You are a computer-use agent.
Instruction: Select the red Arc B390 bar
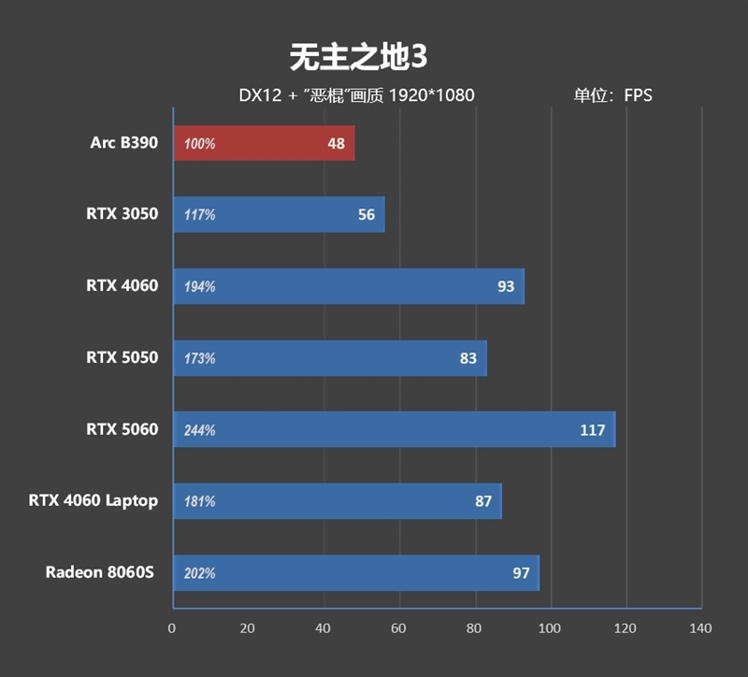tap(264, 143)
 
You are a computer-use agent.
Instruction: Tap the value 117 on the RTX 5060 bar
tap(592, 430)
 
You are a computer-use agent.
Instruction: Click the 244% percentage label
tap(200, 430)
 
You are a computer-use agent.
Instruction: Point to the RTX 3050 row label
tap(122, 214)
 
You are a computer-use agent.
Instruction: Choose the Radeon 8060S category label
tap(101, 572)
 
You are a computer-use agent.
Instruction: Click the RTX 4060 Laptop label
tap(93, 501)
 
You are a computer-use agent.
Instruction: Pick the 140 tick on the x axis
tap(700, 627)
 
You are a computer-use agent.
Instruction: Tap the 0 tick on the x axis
tap(172, 627)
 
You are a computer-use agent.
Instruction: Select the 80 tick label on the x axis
tap(474, 627)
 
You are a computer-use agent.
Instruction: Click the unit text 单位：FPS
tap(613, 95)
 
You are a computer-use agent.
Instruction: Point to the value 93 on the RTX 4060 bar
tap(506, 286)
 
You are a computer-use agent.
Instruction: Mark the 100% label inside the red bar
tap(200, 144)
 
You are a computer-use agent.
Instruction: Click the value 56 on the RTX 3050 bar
tap(367, 215)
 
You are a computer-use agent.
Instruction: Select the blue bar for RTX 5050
tap(329, 358)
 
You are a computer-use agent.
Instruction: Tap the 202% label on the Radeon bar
tap(200, 573)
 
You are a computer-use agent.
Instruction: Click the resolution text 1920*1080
tap(431, 95)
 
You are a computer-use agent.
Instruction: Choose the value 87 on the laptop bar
tap(483, 501)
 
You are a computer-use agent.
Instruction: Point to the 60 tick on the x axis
tap(398, 627)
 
